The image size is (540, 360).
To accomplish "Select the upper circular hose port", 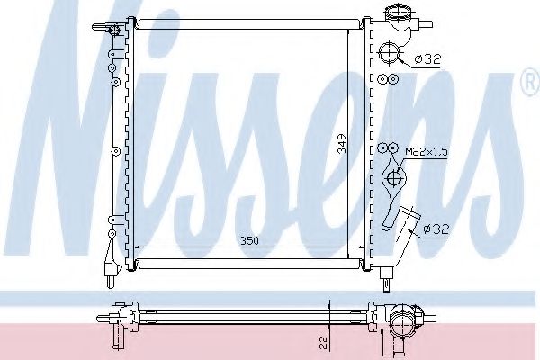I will click(388, 53).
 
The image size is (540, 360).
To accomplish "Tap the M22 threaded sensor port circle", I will click(393, 148).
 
